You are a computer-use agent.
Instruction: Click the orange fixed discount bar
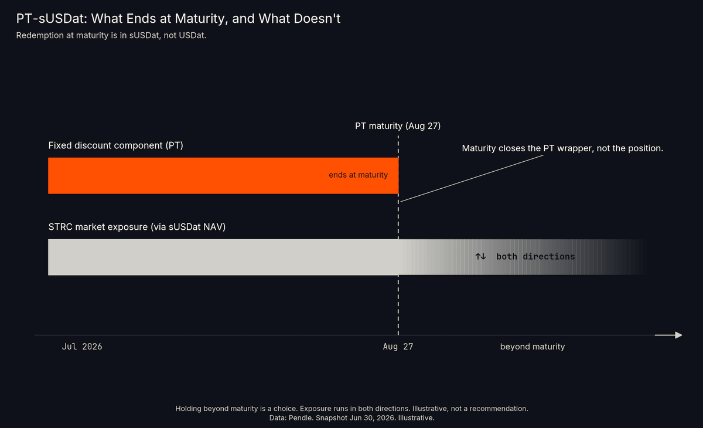(223, 175)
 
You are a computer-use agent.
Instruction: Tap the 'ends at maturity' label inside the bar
(358, 175)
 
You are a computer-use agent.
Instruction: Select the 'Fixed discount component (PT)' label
(116, 146)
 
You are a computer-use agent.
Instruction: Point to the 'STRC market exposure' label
(137, 227)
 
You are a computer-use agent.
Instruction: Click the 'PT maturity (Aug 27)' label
(398, 126)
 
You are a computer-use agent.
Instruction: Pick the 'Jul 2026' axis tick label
(82, 347)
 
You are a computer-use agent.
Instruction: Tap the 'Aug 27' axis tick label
(398, 347)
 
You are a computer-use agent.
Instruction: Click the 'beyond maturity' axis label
(533, 347)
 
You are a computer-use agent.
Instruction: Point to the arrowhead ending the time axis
(678, 335)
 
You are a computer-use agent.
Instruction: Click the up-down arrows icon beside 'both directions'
(480, 257)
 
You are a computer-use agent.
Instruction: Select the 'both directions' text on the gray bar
(535, 257)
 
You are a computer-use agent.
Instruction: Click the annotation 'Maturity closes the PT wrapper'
(562, 148)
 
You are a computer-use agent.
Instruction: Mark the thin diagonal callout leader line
(472, 178)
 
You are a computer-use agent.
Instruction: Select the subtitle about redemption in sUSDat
(111, 36)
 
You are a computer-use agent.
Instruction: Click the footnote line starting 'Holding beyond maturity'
(351, 409)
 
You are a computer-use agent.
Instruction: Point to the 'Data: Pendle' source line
(351, 418)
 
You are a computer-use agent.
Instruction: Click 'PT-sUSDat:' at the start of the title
(52, 19)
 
